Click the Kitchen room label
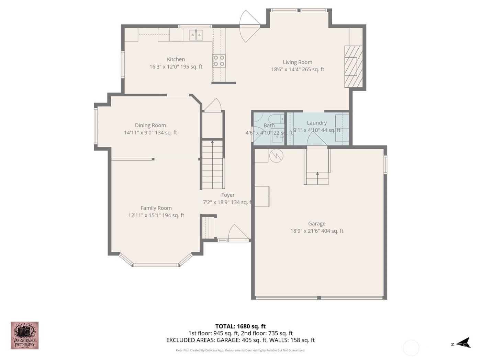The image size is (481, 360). [176, 59]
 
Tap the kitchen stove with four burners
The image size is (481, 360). [219, 61]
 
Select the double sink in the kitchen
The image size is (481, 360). [196, 35]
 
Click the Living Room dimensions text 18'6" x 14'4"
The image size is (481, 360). [298, 69]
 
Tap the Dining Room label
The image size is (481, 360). [150, 125]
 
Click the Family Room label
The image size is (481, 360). [156, 208]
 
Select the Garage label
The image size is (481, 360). [316, 224]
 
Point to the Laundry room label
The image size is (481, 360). [316, 123]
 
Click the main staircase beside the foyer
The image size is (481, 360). [213, 165]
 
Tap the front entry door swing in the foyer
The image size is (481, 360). [238, 232]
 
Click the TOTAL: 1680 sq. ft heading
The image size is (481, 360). [240, 326]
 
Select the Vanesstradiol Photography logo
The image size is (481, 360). [24, 335]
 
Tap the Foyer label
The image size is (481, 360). [228, 195]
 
